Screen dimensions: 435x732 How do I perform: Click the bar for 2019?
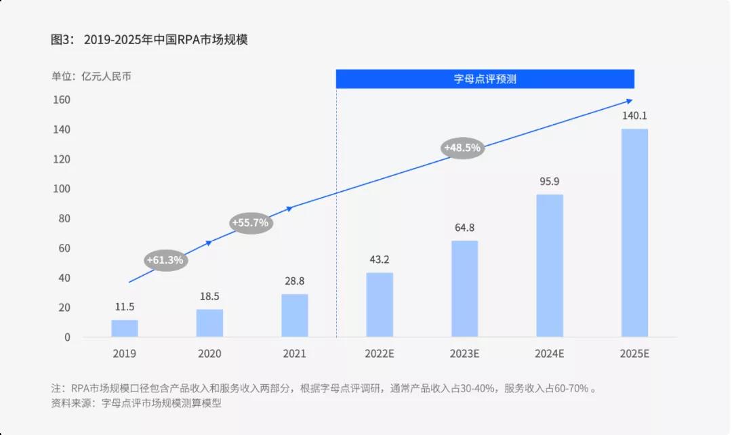click(125, 329)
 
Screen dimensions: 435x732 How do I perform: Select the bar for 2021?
click(295, 316)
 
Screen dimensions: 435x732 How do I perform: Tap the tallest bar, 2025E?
click(634, 233)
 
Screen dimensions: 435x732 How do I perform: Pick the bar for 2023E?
click(465, 289)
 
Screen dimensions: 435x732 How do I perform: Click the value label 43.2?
click(380, 260)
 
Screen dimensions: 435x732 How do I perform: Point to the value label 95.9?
click(550, 182)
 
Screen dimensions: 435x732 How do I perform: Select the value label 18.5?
click(209, 296)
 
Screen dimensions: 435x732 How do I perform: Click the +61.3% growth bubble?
click(165, 260)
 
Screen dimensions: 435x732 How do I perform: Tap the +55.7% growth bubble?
click(250, 222)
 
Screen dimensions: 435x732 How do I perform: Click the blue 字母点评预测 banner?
click(485, 79)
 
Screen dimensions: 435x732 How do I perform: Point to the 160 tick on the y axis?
click(62, 100)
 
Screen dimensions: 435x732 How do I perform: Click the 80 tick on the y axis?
click(64, 219)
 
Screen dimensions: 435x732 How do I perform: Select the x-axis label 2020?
click(209, 354)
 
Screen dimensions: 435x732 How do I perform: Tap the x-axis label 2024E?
click(550, 354)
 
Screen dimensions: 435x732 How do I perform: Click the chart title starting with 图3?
click(149, 40)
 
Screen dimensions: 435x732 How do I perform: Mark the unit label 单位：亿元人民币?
click(91, 77)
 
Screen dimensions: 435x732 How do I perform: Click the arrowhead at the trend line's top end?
click(629, 102)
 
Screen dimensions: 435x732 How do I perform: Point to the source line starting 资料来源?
click(136, 404)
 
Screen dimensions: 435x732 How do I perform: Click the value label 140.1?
click(634, 115)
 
